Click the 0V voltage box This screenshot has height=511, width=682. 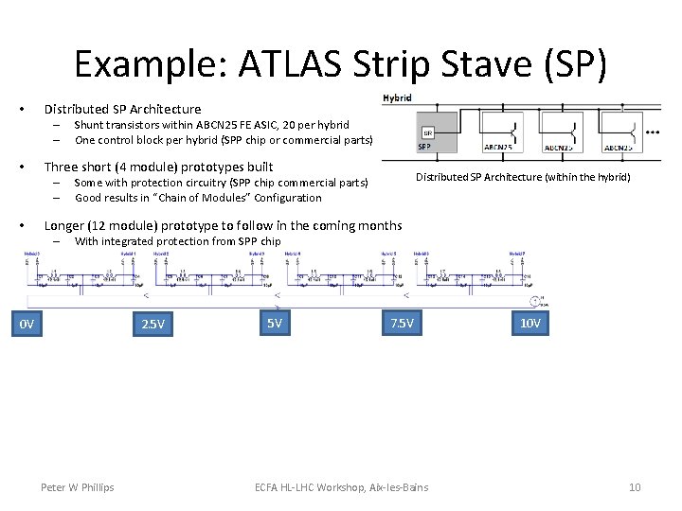pyautogui.click(x=27, y=326)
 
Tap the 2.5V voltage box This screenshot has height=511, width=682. pyautogui.click(x=153, y=326)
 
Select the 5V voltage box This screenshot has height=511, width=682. pyautogui.click(x=274, y=324)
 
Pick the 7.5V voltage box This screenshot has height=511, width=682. pyautogui.click(x=402, y=324)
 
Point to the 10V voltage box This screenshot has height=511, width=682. pyautogui.click(x=530, y=324)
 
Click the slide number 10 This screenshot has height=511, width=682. pyautogui.click(x=635, y=487)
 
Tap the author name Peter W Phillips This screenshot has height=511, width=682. pyautogui.click(x=77, y=487)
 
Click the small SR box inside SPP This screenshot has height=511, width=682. pyautogui.click(x=427, y=132)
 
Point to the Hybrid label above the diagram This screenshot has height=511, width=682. pyautogui.click(x=397, y=97)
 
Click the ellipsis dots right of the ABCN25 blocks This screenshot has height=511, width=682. pyautogui.click(x=651, y=132)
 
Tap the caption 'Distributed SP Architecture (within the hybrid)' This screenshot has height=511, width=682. pyautogui.click(x=523, y=177)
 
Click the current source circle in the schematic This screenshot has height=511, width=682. pyautogui.click(x=537, y=302)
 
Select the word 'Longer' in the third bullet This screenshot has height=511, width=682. pyautogui.click(x=65, y=225)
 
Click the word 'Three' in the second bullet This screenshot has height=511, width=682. pyautogui.click(x=63, y=167)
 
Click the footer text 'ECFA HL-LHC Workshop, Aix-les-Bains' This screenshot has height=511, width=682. pyautogui.click(x=341, y=487)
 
